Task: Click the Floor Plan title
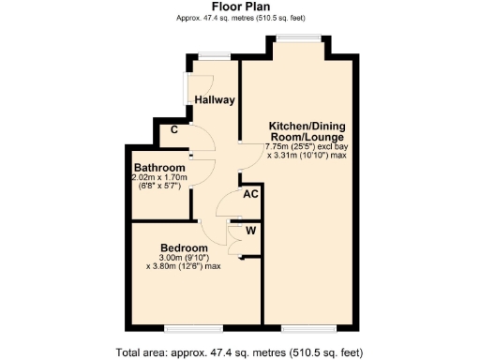pos(239,6)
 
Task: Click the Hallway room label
pos(215,100)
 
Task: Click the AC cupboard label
pos(250,195)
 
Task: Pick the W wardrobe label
pos(250,229)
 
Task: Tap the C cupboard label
pos(174,131)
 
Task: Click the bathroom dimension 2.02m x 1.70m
pos(160,178)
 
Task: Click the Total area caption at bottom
pos(239,352)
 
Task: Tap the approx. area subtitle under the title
pos(239,18)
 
